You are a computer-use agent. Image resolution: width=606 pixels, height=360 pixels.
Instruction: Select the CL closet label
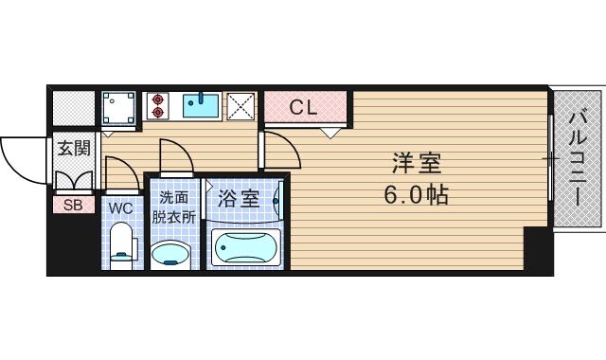point(302,107)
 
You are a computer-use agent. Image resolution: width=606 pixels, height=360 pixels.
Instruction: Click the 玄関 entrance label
point(72,148)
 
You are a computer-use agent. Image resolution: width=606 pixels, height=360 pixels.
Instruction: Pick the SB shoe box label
point(72,204)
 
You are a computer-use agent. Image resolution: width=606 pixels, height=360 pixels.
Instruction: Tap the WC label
point(120,207)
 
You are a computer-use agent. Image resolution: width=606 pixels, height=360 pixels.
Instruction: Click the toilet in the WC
point(120,244)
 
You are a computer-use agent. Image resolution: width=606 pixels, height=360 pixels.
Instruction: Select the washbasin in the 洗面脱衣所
point(171,253)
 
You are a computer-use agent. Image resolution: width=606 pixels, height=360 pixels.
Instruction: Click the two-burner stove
point(155,105)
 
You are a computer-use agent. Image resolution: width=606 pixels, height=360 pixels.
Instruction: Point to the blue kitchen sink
point(201,105)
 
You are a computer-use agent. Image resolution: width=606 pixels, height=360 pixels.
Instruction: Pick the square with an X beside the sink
point(241,106)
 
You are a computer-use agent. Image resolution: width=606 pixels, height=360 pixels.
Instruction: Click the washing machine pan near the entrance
point(119,107)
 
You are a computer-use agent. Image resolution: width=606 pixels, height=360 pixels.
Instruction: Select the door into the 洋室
point(276,151)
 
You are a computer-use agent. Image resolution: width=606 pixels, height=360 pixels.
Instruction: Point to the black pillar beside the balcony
point(538,250)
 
